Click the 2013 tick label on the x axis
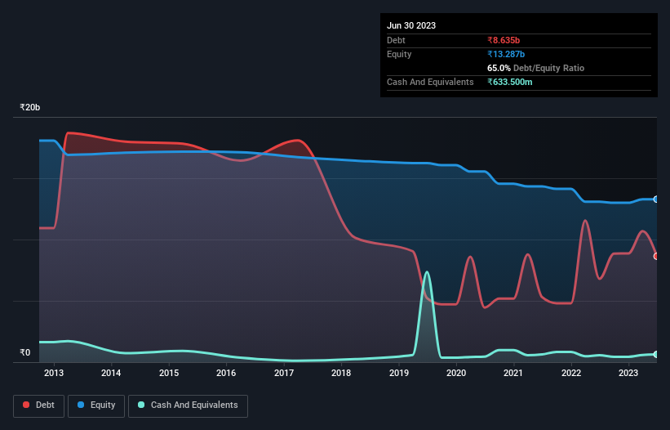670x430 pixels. (x=54, y=374)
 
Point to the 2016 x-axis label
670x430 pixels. (x=226, y=374)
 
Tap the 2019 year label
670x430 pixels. (x=398, y=374)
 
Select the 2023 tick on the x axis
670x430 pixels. (x=628, y=374)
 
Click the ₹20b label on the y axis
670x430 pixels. (x=30, y=108)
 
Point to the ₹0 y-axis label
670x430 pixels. (x=24, y=353)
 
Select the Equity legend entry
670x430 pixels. (x=96, y=405)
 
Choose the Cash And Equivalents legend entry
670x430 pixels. (x=188, y=405)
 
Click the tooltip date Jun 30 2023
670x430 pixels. (x=411, y=25)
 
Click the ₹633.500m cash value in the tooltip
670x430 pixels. (x=514, y=83)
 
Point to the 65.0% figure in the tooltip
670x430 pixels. (x=499, y=68)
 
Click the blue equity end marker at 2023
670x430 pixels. (x=656, y=199)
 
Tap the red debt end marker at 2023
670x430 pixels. (x=656, y=256)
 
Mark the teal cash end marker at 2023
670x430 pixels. (x=656, y=354)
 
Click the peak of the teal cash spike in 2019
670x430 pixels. (x=427, y=272)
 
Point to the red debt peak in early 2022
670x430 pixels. (x=585, y=220)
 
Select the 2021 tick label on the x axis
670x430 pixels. (x=513, y=374)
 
